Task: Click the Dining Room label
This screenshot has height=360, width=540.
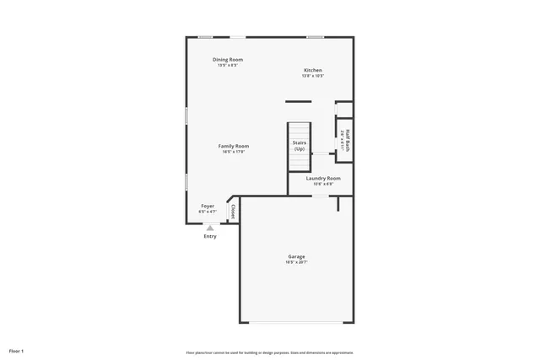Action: point(228,59)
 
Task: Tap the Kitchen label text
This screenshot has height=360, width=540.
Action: point(313,70)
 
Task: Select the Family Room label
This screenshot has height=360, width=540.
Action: point(234,146)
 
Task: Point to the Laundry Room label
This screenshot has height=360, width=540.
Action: point(323,178)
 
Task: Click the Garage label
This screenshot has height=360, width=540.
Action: point(296,256)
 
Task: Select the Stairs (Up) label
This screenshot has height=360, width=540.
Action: point(300,146)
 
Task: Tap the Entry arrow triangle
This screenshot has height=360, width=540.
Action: point(210,228)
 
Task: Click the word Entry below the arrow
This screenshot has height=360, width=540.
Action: point(210,236)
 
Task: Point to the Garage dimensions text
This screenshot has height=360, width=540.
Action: point(296,262)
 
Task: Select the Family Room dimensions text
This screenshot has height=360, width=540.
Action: point(234,152)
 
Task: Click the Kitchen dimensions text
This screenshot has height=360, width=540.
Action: point(313,76)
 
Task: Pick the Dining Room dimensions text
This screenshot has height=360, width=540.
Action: point(228,65)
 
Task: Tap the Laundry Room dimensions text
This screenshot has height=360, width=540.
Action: point(323,184)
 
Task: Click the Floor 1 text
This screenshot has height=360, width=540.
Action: point(17,350)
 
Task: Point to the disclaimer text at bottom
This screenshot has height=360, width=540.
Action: point(269,352)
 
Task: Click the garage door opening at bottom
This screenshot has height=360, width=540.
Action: point(296,323)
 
